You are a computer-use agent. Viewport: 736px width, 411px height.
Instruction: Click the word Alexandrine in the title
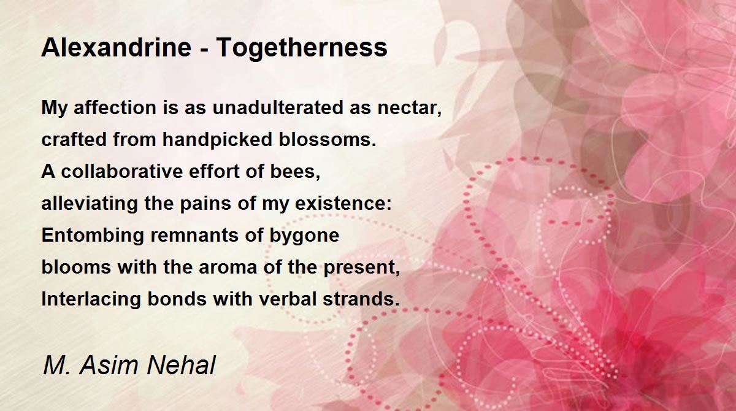tap(117, 47)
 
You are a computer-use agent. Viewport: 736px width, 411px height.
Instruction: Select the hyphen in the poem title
tap(204, 49)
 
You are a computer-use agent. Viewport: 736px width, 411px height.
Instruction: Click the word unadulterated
tap(278, 107)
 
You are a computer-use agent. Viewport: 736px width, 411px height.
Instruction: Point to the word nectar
tap(410, 109)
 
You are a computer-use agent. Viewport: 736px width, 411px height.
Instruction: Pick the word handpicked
tap(217, 139)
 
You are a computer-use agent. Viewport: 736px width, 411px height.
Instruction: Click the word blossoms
tap(328, 139)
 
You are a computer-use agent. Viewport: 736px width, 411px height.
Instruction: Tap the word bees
tap(295, 172)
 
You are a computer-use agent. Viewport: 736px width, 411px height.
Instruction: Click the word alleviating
tap(90, 203)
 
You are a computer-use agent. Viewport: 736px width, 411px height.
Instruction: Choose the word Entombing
tap(93, 235)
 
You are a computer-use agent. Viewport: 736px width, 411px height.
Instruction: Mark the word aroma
tap(228, 267)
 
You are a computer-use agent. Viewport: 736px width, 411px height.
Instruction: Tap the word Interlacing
tap(91, 299)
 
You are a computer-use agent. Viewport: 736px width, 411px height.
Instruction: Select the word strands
tap(361, 299)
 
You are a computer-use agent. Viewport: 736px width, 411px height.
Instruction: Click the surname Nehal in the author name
tap(181, 365)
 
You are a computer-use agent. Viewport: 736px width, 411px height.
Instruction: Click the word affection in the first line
tap(115, 107)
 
